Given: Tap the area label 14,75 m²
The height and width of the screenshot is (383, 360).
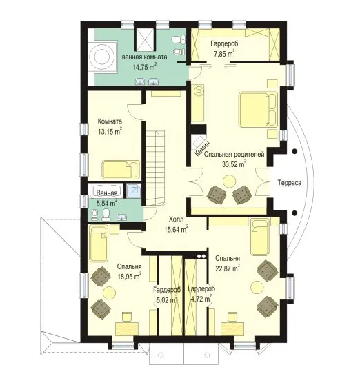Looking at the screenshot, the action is click(144, 66).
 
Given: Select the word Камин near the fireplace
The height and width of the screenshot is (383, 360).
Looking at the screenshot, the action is click(202, 149).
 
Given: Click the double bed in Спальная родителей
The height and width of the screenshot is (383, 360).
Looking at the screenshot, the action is click(258, 109).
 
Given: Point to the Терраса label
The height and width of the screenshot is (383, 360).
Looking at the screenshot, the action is click(290, 183).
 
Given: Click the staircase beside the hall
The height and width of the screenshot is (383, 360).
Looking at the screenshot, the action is click(156, 168).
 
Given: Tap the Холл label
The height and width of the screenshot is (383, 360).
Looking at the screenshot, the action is click(177, 219).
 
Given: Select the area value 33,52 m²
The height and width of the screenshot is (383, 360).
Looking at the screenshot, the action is click(234, 164).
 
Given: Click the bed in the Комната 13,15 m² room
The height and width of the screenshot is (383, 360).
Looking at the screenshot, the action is click(121, 169).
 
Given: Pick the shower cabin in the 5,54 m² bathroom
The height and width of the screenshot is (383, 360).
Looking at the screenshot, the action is click(134, 190).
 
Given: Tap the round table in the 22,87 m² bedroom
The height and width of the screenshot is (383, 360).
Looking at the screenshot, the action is click(258, 287).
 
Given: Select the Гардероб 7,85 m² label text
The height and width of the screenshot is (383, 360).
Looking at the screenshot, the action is click(224, 49).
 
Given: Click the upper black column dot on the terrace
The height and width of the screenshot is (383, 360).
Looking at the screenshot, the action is click(295, 151).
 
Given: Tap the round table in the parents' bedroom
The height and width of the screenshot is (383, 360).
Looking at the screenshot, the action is click(230, 181).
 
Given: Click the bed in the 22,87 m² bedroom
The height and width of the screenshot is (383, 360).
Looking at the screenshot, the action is click(260, 237).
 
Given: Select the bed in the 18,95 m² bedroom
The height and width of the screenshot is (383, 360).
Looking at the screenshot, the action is click(99, 244).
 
